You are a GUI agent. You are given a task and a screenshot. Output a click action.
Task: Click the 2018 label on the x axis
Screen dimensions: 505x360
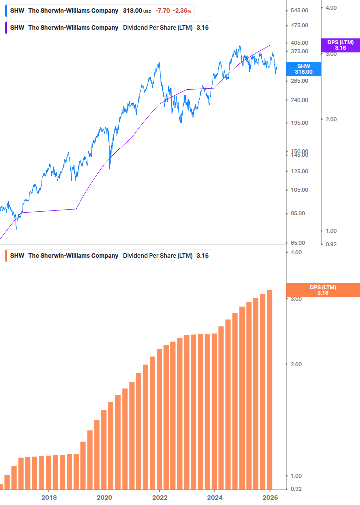pyautogui.click(x=49, y=498)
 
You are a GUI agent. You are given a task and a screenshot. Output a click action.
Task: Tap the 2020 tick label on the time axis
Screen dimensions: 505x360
pyautogui.click(x=104, y=498)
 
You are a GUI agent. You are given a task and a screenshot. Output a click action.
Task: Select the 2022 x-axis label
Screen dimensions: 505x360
pyautogui.click(x=159, y=498)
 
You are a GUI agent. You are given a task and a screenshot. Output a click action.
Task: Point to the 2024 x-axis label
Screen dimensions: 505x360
pyautogui.click(x=214, y=498)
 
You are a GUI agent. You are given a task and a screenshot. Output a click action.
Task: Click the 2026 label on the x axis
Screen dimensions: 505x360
pyautogui.click(x=270, y=498)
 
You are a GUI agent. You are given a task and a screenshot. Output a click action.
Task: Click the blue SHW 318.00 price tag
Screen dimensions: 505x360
pyautogui.click(x=303, y=69)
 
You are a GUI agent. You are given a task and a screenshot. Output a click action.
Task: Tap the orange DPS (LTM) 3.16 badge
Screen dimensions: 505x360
pyautogui.click(x=322, y=290)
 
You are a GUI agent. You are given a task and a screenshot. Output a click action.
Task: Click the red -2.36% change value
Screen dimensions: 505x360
pyautogui.click(x=182, y=11)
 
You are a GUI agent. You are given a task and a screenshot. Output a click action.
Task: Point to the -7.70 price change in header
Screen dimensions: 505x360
pyautogui.click(x=162, y=11)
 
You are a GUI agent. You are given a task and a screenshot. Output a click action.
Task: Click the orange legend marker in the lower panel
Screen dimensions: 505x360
pyautogui.click(x=6, y=256)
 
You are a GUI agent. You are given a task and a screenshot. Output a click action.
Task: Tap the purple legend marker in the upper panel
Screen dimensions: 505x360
pyautogui.click(x=6, y=27)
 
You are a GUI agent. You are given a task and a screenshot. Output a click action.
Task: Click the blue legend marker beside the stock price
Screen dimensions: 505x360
pyautogui.click(x=6, y=11)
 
